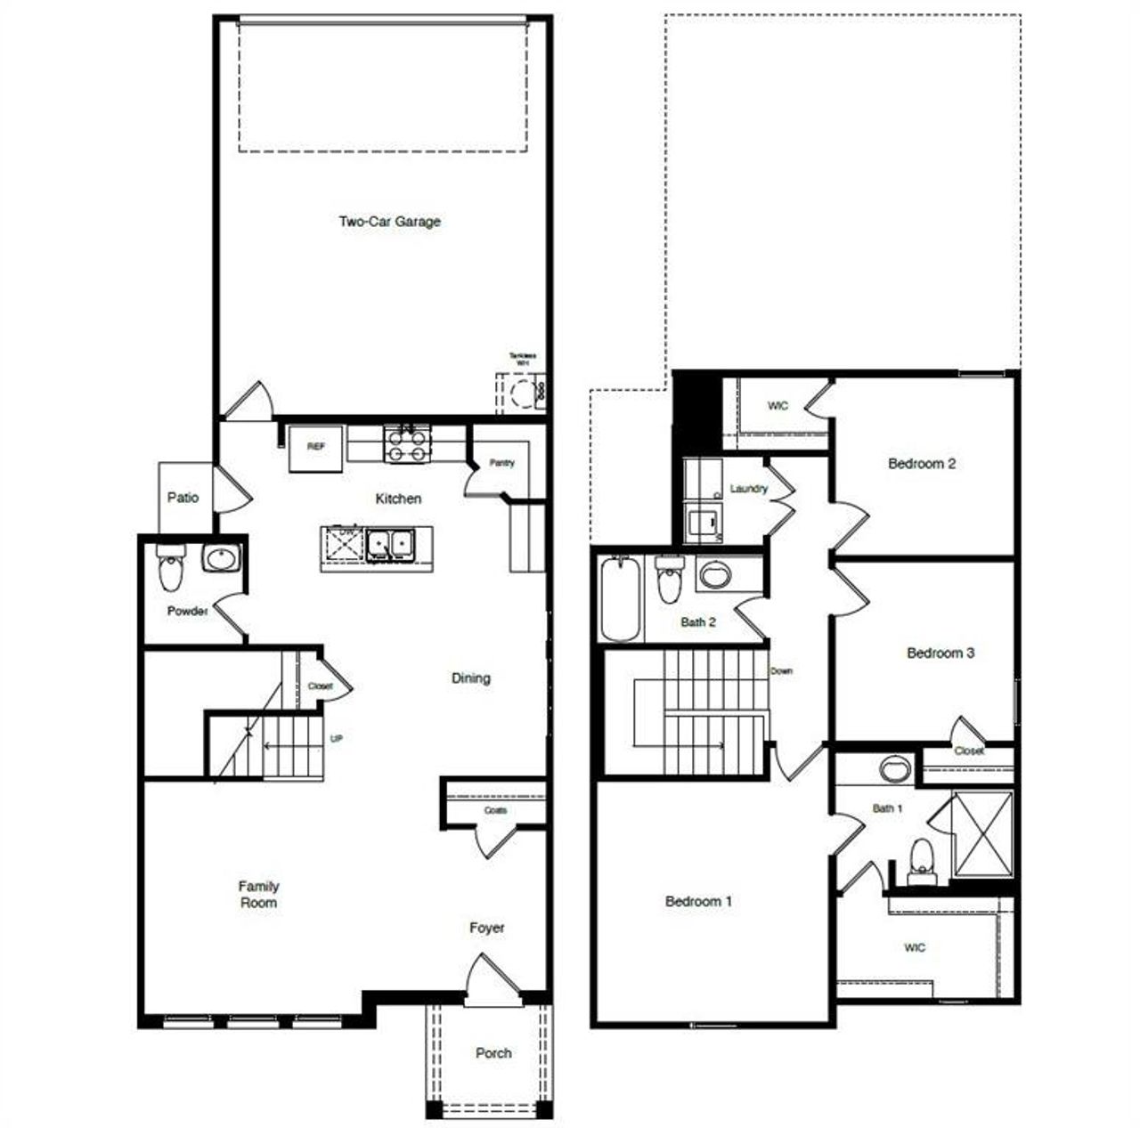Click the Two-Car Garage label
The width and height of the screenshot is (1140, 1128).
pos(389,222)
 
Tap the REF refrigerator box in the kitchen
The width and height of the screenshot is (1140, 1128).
pos(315,448)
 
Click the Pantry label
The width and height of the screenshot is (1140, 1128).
pos(501,463)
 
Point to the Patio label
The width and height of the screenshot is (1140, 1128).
pos(183,498)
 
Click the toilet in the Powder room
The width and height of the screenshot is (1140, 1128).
pos(169,570)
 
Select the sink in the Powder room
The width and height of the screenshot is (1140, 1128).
pos(220,559)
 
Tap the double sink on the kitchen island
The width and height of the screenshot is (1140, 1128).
pos(390,543)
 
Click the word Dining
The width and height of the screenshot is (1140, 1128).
pos(470,678)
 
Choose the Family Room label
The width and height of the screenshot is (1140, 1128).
pos(258,894)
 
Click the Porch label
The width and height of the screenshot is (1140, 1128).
pos(493,1053)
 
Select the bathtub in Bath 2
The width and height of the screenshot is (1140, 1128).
pos(621,598)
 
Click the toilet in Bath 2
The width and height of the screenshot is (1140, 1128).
pos(668,580)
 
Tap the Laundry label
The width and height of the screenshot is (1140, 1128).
pos(748,489)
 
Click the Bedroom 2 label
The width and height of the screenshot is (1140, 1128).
pos(922,464)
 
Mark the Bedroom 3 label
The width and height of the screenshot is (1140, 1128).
pos(940,653)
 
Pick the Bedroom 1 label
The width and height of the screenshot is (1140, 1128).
pos(698,901)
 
